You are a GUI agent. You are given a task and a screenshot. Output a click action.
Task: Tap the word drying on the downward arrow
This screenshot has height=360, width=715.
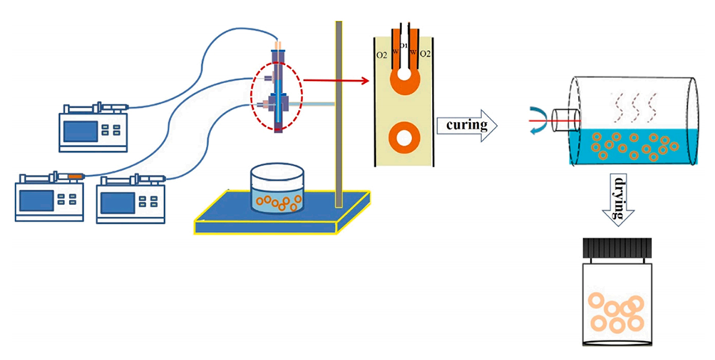coord(619,197)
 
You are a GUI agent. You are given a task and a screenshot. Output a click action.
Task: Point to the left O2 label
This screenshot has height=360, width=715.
coord(380,55)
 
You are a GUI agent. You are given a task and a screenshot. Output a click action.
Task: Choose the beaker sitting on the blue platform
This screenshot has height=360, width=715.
coord(278,191)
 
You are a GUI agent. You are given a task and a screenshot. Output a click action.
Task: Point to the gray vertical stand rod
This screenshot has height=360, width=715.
coord(339,112)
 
